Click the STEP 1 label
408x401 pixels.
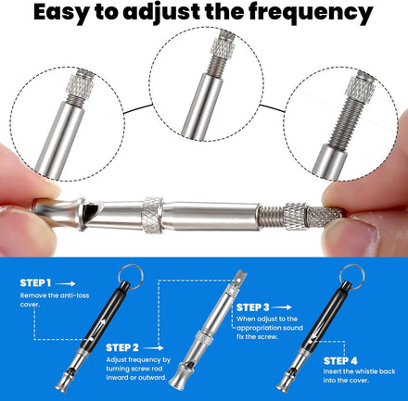tap(35, 282)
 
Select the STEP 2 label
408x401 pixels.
tap(122, 347)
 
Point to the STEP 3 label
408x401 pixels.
tap(253, 307)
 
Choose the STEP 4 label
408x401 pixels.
tap(340, 361)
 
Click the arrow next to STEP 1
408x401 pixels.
tap(65, 283)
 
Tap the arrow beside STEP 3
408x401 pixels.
tap(281, 307)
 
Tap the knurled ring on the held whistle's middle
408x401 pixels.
tap(153, 215)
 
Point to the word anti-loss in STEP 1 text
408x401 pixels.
tap(74, 295)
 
